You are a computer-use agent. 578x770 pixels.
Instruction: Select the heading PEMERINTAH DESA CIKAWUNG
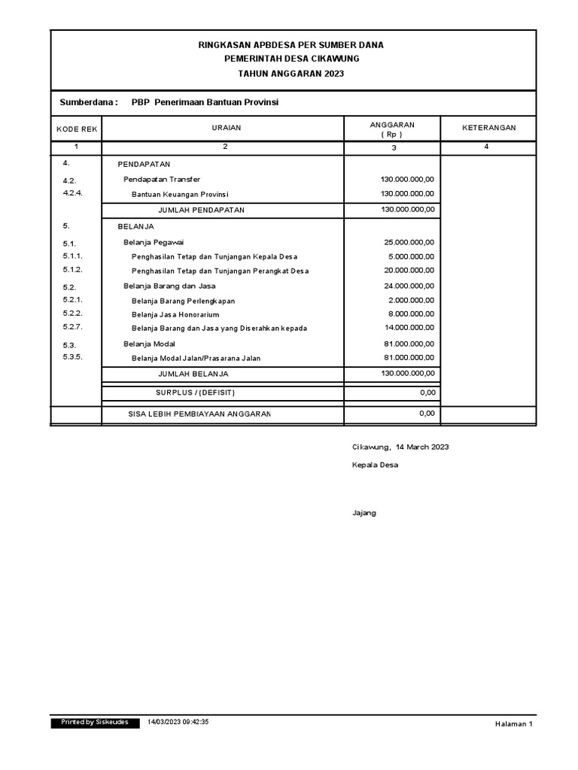(x=291, y=59)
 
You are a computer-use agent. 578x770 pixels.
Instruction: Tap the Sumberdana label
(x=88, y=102)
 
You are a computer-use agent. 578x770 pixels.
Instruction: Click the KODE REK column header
(x=77, y=129)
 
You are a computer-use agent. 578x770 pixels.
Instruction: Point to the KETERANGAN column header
(x=488, y=128)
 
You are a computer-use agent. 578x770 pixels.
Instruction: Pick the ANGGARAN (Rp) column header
(x=392, y=129)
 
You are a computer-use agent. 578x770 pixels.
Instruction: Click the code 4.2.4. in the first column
(x=72, y=192)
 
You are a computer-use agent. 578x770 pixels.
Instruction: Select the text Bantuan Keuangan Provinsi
(x=180, y=194)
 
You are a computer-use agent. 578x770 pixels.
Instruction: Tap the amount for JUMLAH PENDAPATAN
(x=408, y=209)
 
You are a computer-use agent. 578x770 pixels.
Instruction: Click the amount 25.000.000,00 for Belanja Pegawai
(x=409, y=242)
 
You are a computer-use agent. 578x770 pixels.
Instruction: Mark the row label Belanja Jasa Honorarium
(x=175, y=314)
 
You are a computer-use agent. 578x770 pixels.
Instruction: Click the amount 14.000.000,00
(x=409, y=328)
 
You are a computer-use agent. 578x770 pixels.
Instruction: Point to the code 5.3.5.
(x=72, y=356)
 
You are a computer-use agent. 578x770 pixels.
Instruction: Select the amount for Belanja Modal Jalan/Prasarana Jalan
(x=409, y=358)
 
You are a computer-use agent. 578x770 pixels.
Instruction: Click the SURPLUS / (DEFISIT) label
(x=200, y=393)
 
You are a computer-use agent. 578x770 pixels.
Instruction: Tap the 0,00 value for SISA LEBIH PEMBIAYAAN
(x=427, y=414)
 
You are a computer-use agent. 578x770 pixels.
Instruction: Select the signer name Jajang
(x=364, y=513)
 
